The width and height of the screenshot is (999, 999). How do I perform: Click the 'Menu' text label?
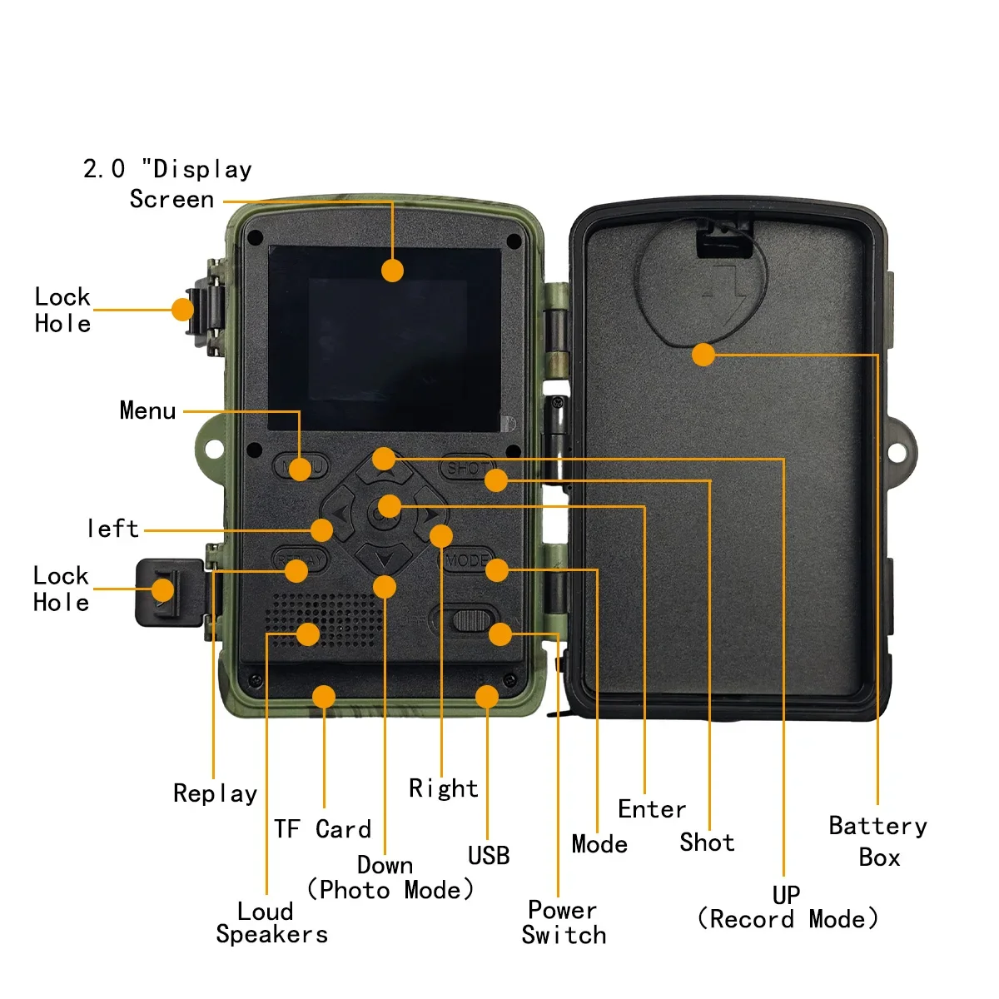pos(147,410)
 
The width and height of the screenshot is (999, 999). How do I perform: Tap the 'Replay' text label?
pos(215,793)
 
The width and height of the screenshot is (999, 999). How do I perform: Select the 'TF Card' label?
pos(322,829)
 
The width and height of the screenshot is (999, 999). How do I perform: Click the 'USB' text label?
pos(489,856)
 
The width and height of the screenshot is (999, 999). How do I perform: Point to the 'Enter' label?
pos(652,809)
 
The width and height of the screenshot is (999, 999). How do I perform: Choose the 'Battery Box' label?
pos(878,841)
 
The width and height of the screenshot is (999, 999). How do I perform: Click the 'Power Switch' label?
pos(564,922)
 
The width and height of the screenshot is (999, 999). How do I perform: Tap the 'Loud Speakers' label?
pos(271,922)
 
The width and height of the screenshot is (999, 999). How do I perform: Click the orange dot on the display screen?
pos(392,271)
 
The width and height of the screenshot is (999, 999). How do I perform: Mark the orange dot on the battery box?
pos(703,355)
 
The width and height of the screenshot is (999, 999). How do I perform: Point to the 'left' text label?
pos(112,529)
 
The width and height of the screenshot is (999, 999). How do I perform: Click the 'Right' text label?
pos(444,788)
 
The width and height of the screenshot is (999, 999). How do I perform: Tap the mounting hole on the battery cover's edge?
pos(897,453)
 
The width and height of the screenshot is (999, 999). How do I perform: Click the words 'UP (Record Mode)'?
pos(787,907)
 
